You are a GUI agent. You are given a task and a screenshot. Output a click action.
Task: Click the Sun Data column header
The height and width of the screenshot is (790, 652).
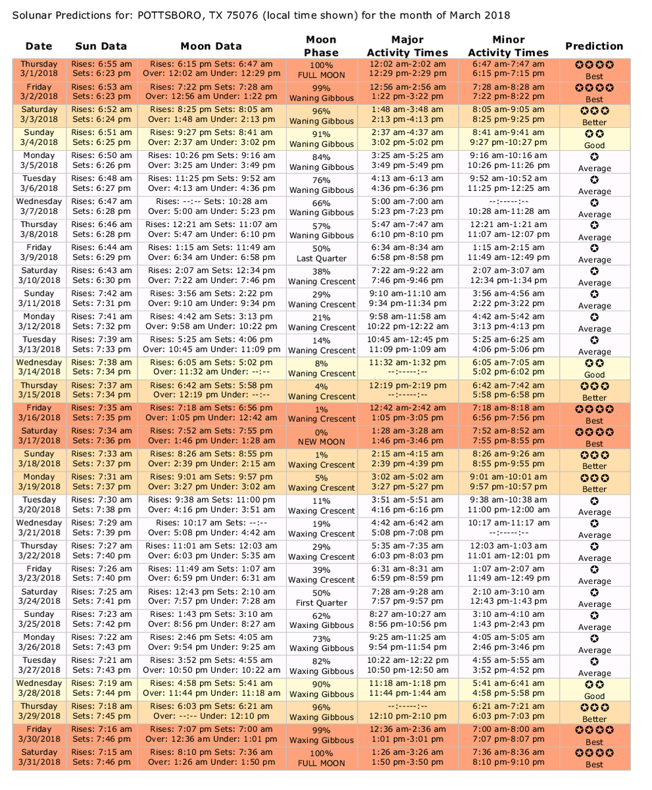point(101,46)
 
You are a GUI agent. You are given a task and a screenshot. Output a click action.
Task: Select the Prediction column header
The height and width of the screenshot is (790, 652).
point(594,46)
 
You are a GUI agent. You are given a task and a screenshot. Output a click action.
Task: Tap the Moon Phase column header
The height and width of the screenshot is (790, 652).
point(321,46)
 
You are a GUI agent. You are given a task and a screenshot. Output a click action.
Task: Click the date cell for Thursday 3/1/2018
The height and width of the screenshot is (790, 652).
point(39,70)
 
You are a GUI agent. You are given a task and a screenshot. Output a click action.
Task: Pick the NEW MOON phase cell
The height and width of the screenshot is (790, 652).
point(321,436)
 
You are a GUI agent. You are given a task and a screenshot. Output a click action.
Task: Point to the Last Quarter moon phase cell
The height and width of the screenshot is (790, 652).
point(321,253)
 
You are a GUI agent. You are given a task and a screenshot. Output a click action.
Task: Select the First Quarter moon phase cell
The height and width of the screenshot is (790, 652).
point(321,597)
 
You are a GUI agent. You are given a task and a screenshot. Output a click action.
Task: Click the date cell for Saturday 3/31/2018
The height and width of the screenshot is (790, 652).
point(39,758)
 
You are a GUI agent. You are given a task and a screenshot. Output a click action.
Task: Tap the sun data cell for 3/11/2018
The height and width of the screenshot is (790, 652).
point(101,300)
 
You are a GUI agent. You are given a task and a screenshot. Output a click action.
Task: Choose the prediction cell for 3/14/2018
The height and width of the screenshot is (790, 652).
point(594,368)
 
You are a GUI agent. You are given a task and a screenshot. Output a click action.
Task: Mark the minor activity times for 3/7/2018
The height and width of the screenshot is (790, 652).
point(509,207)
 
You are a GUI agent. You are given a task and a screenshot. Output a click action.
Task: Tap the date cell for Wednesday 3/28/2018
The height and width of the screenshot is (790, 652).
point(39,689)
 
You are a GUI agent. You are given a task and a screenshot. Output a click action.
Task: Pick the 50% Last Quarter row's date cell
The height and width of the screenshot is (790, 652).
point(39,253)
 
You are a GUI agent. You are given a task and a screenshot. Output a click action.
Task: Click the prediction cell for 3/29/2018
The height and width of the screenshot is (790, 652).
point(594,712)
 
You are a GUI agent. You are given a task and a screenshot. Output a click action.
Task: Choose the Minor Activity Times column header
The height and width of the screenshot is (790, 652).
point(509,46)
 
